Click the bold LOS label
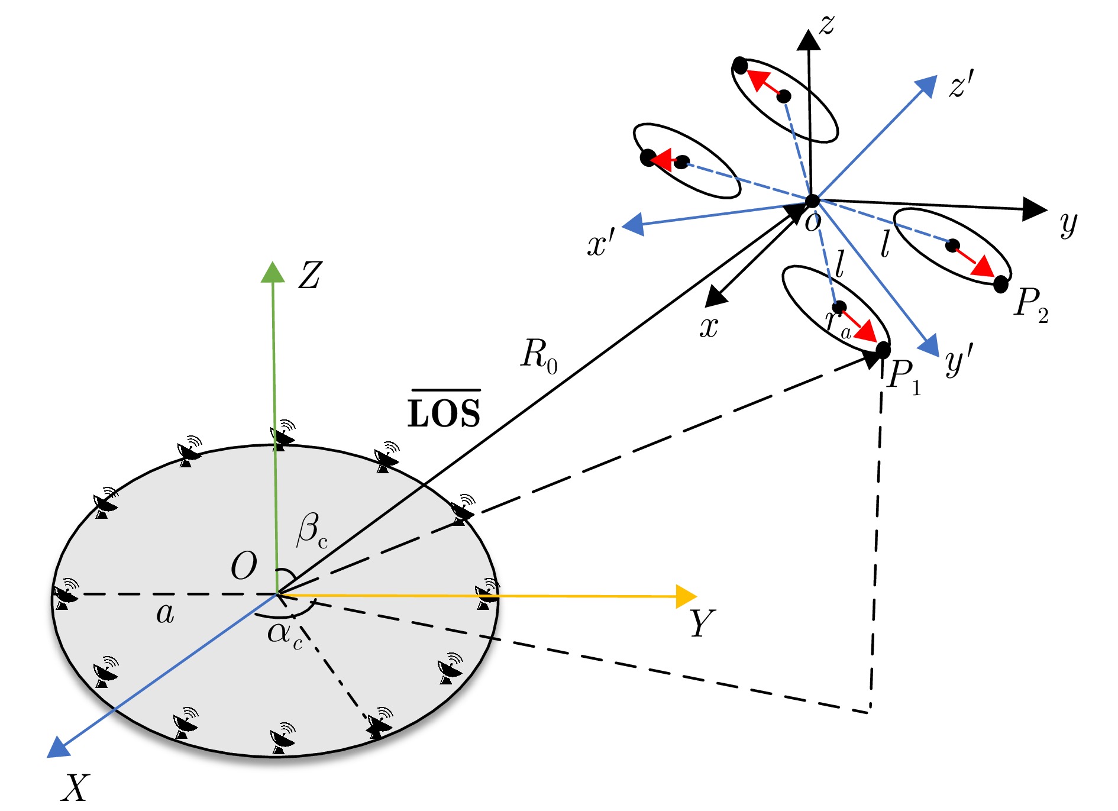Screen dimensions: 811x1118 pyautogui.click(x=444, y=412)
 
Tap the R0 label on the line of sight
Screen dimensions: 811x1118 pyautogui.click(x=538, y=356)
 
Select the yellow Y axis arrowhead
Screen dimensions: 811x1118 pyautogui.click(x=686, y=596)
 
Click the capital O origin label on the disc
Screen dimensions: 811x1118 pyautogui.click(x=244, y=566)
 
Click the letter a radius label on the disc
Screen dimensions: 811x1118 pyautogui.click(x=165, y=614)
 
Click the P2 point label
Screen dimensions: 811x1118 pyautogui.click(x=1030, y=305)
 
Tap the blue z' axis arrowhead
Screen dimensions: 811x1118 pyautogui.click(x=926, y=86)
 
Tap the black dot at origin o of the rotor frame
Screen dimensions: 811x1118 pyautogui.click(x=812, y=201)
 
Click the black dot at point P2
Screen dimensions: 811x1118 pyautogui.click(x=1000, y=285)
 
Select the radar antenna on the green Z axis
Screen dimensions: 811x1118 pyautogui.click(x=283, y=435)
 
